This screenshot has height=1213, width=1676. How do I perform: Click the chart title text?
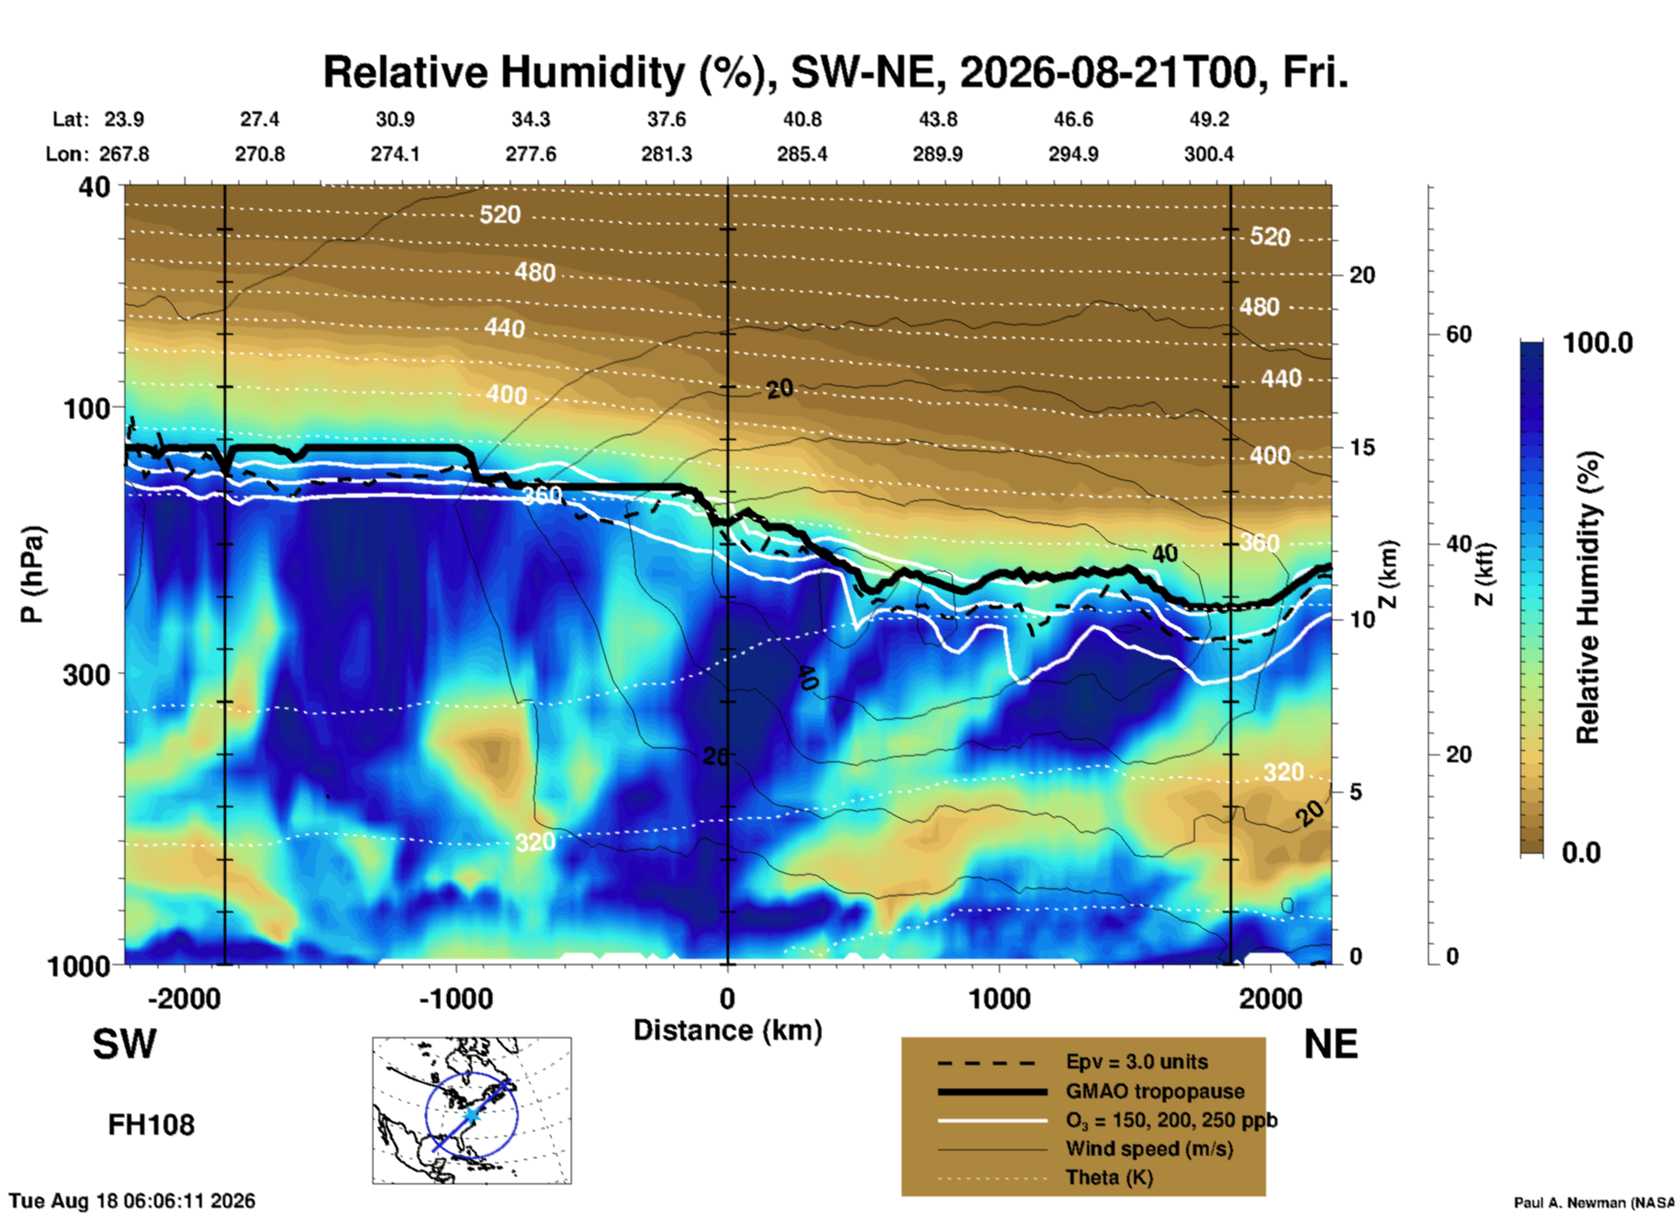coord(835,72)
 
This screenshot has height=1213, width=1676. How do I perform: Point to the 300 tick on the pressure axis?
coord(87,674)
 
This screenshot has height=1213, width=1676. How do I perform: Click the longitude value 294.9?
coord(1073,154)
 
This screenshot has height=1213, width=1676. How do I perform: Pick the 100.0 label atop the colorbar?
coord(1598,343)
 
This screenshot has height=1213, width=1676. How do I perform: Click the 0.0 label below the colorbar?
coord(1581,853)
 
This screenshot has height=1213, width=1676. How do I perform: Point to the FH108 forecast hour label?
coord(151,1125)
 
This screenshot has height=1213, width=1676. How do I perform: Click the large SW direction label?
coord(124,1044)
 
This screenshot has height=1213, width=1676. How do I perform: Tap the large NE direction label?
coord(1331,1044)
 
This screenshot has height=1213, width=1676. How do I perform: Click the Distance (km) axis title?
coord(727,1030)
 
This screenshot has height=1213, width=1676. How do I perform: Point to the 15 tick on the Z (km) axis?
coord(1362,447)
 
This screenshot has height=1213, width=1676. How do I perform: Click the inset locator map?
coord(472,1110)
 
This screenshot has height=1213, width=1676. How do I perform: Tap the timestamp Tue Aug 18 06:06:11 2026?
coord(132,1201)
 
